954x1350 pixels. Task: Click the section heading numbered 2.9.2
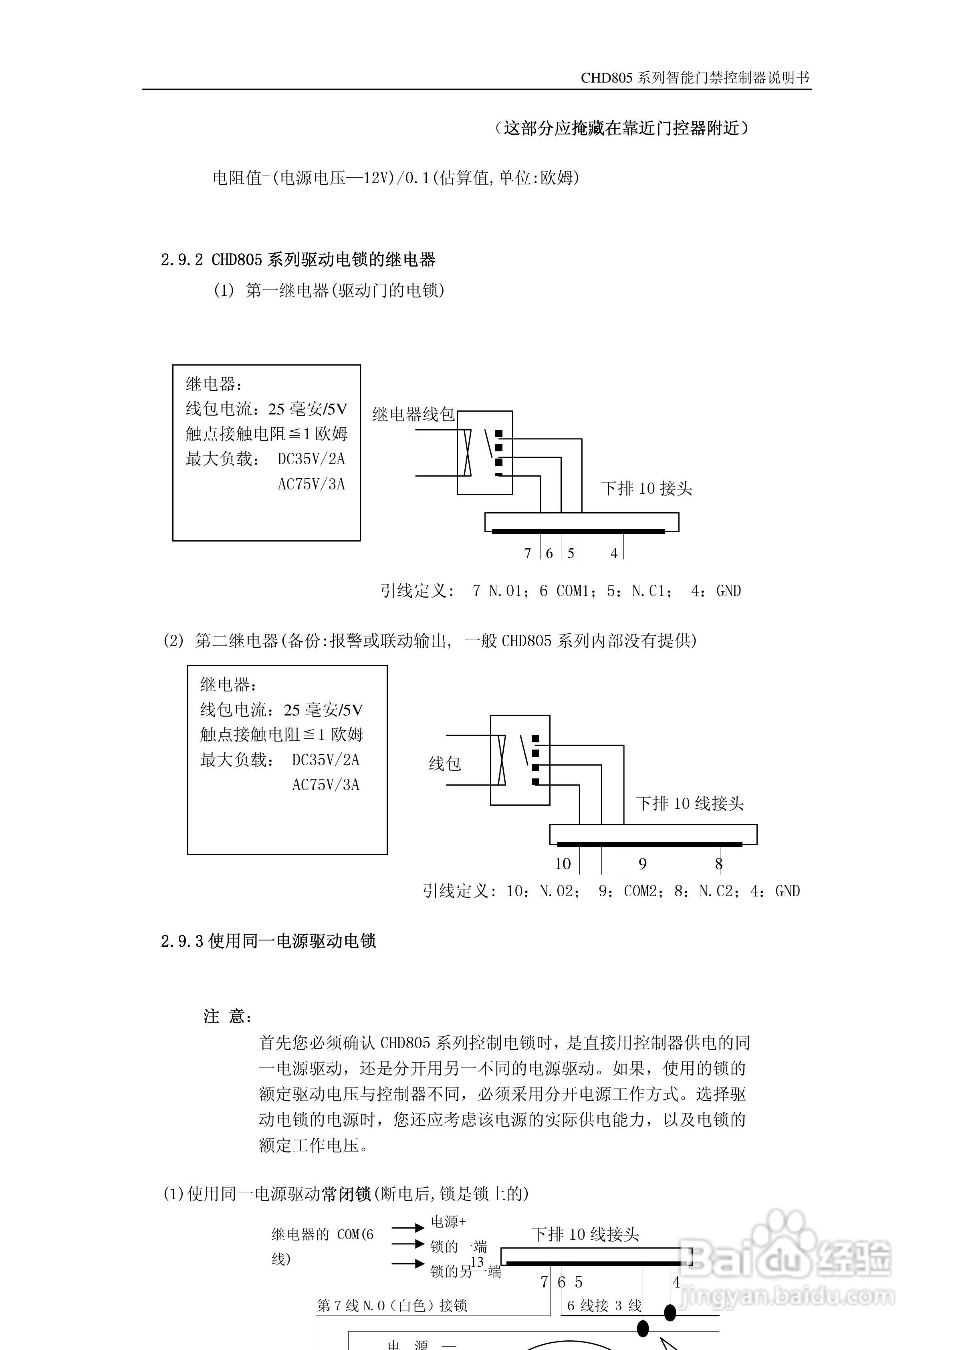[x=298, y=259]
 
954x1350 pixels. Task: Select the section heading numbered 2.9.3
[x=268, y=941]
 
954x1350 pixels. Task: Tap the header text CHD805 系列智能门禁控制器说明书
[x=695, y=78]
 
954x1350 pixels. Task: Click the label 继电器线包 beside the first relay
[x=413, y=414]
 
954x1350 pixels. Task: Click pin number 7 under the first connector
[x=527, y=553]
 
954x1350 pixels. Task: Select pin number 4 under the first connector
[x=614, y=553]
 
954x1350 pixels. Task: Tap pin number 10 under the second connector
[x=563, y=864]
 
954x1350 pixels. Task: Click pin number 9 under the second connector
[x=642, y=864]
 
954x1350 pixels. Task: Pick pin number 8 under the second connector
[x=718, y=864]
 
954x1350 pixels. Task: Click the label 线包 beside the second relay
[x=444, y=764]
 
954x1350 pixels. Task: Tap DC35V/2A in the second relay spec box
[x=326, y=760]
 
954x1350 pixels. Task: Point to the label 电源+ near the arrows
[x=448, y=1221]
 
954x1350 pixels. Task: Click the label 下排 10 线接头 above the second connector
[x=690, y=803]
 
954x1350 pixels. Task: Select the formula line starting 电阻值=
[x=395, y=178]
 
